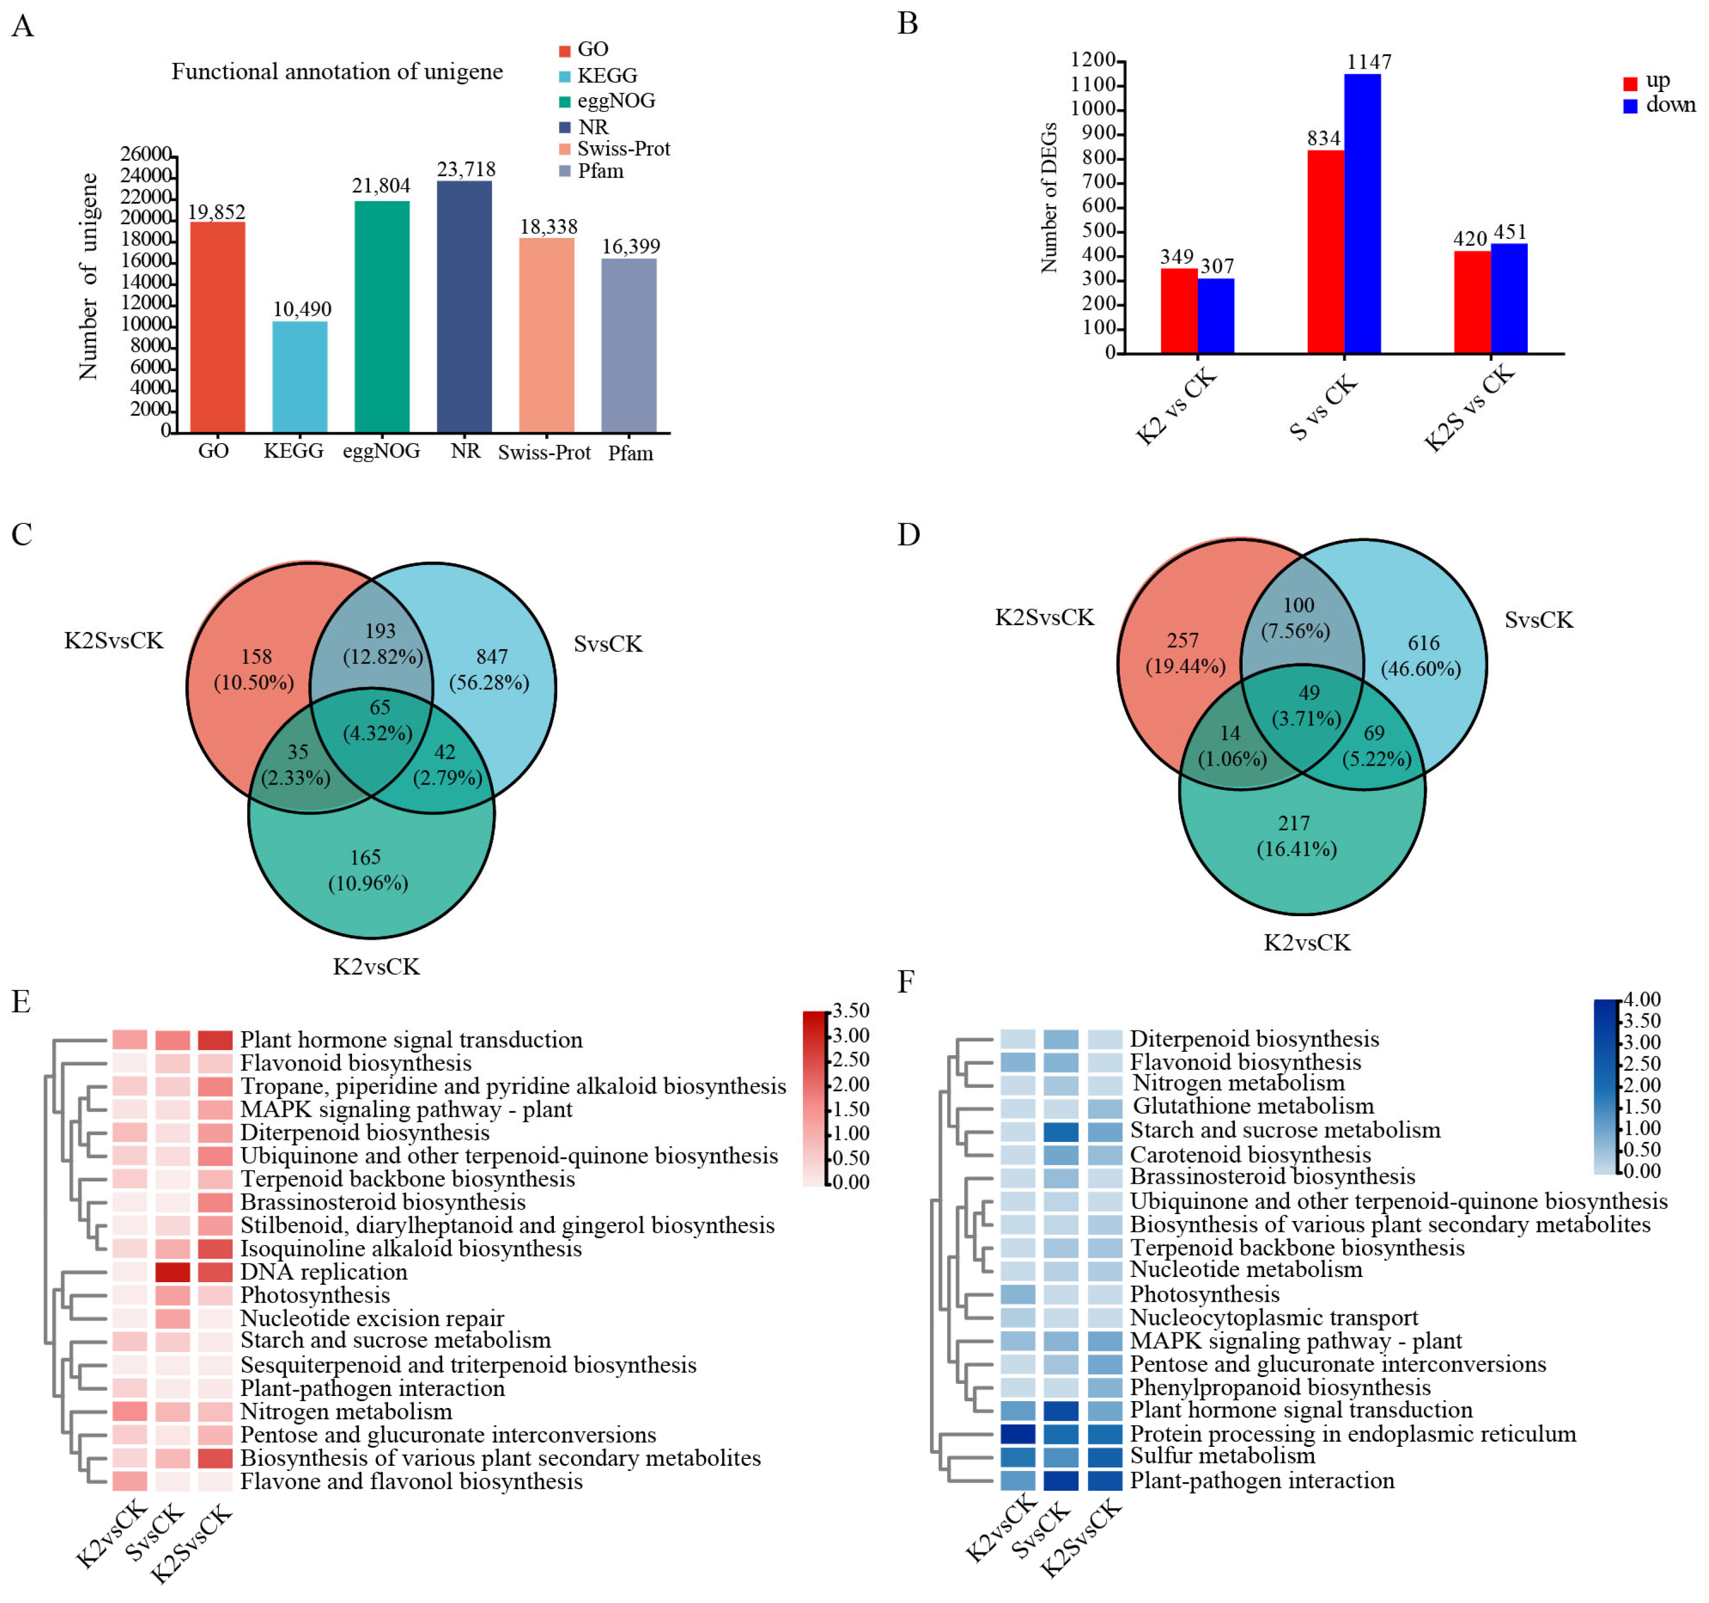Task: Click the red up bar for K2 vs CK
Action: [1179, 311]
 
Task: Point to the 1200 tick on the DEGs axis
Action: [1093, 60]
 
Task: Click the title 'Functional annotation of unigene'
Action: [337, 71]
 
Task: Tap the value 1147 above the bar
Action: [1368, 62]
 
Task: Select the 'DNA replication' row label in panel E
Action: [324, 1272]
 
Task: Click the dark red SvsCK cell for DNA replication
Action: [173, 1272]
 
